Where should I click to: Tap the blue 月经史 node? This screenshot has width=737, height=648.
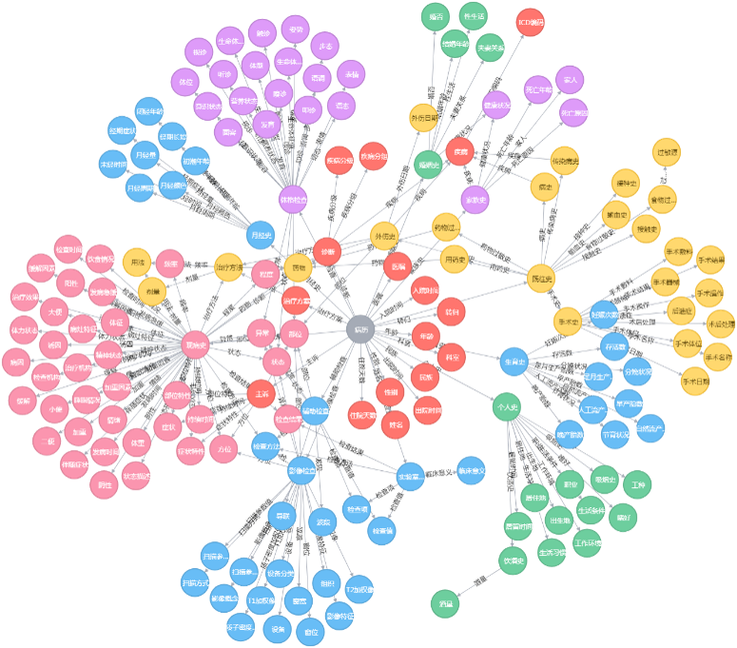(x=261, y=233)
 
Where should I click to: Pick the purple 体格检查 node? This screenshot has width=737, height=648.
(x=294, y=200)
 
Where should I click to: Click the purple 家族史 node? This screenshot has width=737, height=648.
(x=475, y=200)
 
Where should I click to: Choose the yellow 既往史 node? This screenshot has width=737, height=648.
(x=541, y=277)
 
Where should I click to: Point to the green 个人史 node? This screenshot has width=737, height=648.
(x=508, y=407)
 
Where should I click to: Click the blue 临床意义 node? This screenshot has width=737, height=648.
(x=471, y=470)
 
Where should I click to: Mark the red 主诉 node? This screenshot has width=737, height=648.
(x=261, y=393)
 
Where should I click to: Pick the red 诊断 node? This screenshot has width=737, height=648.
(x=327, y=251)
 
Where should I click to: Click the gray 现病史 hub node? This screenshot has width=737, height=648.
(x=196, y=345)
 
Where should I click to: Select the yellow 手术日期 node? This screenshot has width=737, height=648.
(x=696, y=383)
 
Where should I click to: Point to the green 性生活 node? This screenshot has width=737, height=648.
(x=473, y=16)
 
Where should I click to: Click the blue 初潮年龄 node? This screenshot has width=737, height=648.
(x=196, y=161)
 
